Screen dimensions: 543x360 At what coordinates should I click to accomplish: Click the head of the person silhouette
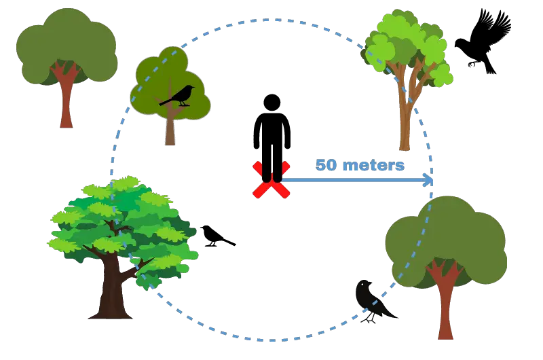(272, 103)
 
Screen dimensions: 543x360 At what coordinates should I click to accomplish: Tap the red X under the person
(271, 180)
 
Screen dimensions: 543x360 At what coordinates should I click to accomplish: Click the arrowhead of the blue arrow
(428, 180)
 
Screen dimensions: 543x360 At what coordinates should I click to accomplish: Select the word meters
(373, 165)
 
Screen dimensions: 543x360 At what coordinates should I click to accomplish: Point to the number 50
(326, 165)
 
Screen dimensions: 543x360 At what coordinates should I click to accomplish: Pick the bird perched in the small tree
(177, 96)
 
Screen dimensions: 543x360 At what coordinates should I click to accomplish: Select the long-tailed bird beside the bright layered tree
(217, 236)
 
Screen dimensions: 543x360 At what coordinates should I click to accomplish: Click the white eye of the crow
(362, 285)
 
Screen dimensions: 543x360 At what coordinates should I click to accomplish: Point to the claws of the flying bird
(472, 64)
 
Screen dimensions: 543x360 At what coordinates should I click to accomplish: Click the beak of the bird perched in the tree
(193, 88)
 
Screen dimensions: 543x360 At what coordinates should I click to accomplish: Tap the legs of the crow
(370, 317)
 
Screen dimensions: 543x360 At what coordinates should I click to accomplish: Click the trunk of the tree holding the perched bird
(170, 128)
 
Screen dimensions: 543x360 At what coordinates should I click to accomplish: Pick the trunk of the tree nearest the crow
(445, 305)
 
